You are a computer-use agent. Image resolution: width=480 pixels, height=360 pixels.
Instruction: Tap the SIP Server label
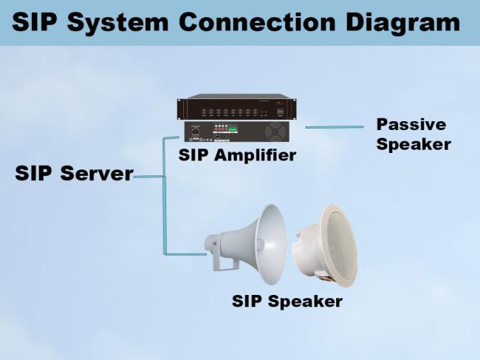[74, 174]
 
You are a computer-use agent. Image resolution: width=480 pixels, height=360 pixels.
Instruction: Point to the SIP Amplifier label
[237, 155]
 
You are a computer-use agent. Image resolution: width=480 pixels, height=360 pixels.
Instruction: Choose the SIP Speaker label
[287, 302]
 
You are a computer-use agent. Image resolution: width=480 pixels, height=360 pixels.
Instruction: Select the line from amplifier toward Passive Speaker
[332, 126]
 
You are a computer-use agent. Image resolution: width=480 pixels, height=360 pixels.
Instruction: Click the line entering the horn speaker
[188, 254]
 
